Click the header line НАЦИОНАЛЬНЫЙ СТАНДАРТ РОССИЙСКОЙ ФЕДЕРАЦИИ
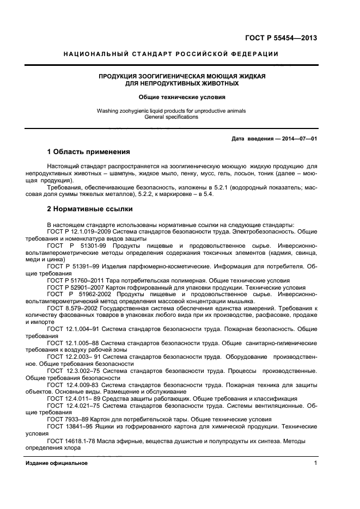pos(171,54)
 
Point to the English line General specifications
pos(171,117)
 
